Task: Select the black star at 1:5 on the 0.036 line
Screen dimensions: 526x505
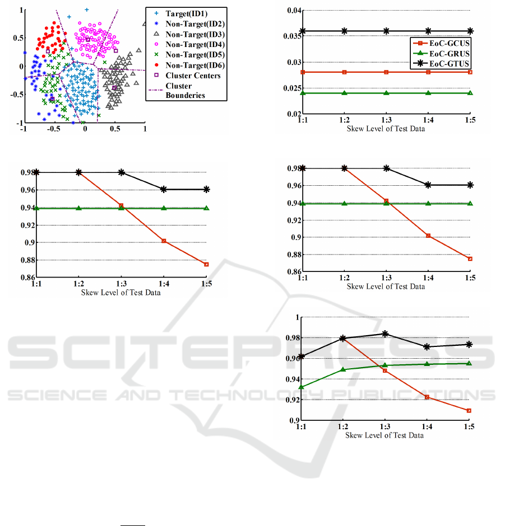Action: click(470, 31)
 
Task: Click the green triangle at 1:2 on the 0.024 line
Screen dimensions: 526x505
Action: click(344, 93)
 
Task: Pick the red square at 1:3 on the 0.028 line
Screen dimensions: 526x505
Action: click(386, 72)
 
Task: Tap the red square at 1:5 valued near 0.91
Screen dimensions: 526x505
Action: click(469, 411)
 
